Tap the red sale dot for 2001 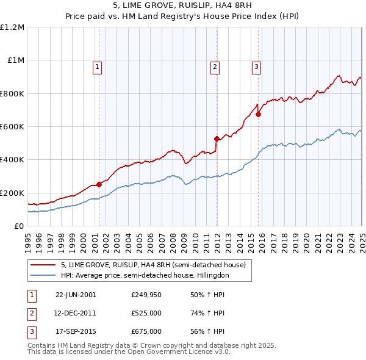pyautogui.click(x=99, y=185)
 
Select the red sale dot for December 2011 pyautogui.click(x=217, y=139)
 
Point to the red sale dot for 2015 pyautogui.click(x=259, y=114)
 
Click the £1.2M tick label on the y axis pyautogui.click(x=12, y=27)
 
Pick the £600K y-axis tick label pyautogui.click(x=12, y=127)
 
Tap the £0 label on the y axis pyautogui.click(x=19, y=226)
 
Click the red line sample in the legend pyautogui.click(x=43, y=265)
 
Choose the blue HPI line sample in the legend pyautogui.click(x=43, y=276)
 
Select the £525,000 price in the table pyautogui.click(x=146, y=313)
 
